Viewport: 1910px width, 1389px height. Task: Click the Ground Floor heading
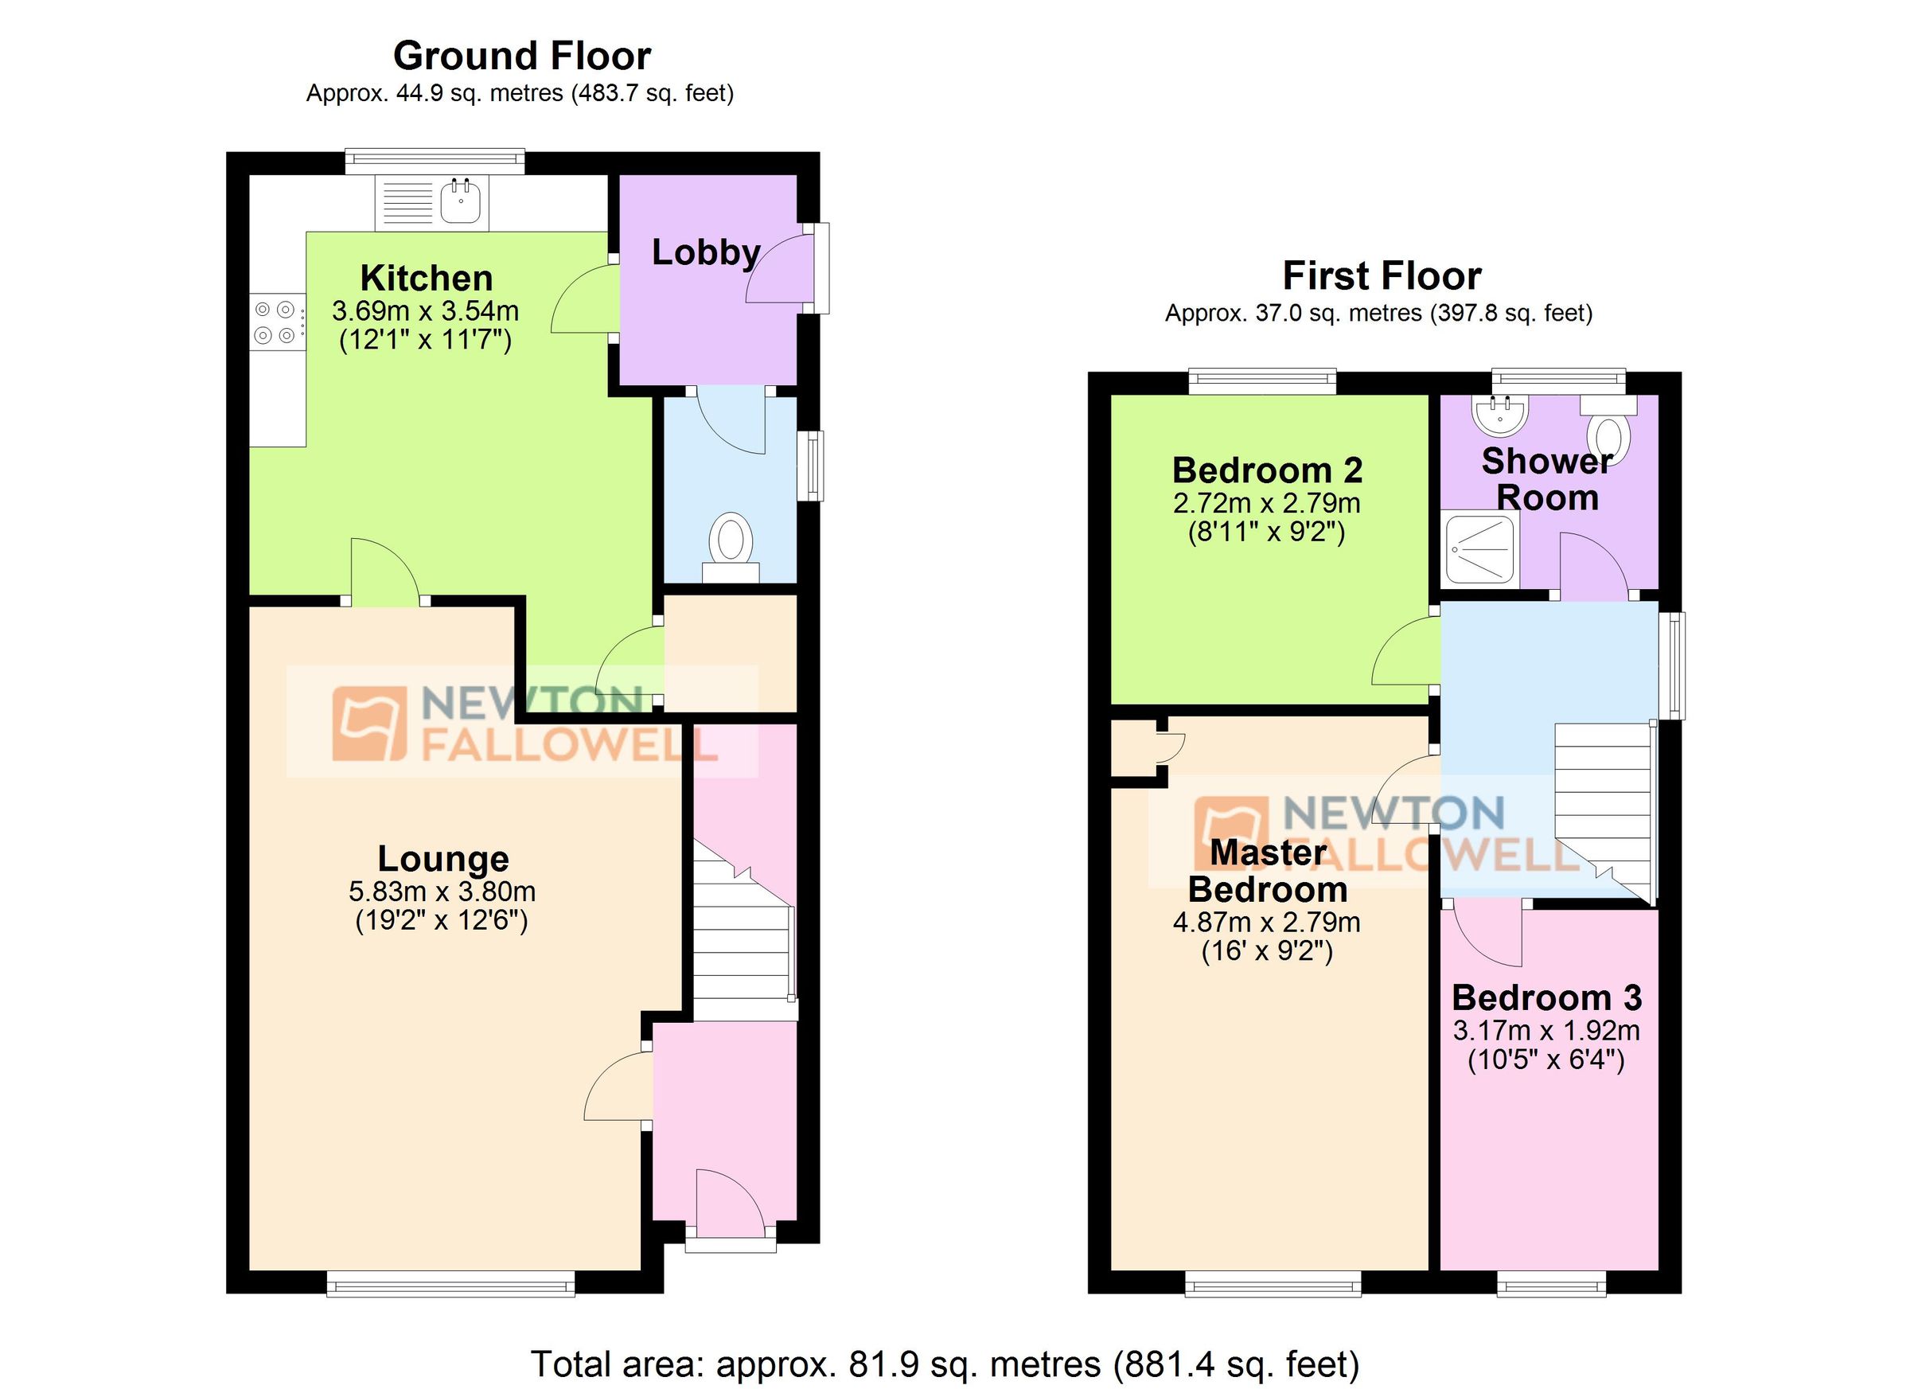click(522, 57)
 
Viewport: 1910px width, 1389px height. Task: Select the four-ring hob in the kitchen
click(275, 322)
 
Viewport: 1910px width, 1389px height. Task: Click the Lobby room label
click(706, 252)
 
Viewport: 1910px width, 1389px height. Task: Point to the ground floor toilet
click(730, 544)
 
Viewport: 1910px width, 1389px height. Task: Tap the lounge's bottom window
click(450, 1286)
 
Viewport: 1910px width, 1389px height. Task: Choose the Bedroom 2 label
click(1267, 470)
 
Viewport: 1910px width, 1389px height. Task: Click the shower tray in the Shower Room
click(1479, 549)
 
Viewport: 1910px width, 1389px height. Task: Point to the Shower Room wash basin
click(1499, 414)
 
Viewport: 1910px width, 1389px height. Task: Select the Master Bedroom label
click(1267, 872)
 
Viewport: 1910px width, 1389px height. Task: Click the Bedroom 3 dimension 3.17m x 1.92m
click(1546, 1030)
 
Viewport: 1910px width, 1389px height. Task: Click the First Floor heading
click(1381, 276)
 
